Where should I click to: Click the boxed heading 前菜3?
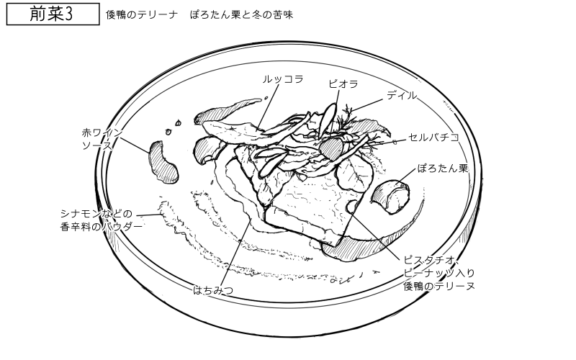click(53, 14)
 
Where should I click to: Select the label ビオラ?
click(343, 84)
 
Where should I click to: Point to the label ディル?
click(401, 94)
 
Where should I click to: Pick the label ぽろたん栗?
click(443, 169)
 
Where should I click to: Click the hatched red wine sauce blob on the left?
click(163, 162)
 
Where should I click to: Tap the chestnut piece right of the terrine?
click(392, 194)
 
